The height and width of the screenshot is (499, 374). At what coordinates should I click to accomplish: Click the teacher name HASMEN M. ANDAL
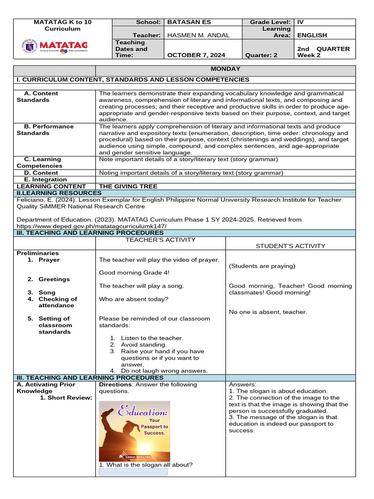pos(198,36)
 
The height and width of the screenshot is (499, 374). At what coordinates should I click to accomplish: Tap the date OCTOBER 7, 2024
pos(196,55)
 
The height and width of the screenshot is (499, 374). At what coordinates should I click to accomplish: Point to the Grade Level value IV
pos(300,22)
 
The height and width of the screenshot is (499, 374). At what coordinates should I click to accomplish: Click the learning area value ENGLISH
pos(312,36)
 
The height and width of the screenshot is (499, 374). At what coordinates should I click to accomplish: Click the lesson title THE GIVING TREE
pos(128,186)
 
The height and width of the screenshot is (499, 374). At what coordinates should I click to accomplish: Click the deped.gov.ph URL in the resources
pos(92,227)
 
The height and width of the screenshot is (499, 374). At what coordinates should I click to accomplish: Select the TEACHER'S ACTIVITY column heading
pos(161,240)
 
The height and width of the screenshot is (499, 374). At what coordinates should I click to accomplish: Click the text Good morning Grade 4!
pos(128,273)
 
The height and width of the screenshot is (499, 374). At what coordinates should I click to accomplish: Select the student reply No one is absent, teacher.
pos(268,312)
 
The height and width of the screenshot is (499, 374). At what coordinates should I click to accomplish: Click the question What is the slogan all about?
pos(146,464)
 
